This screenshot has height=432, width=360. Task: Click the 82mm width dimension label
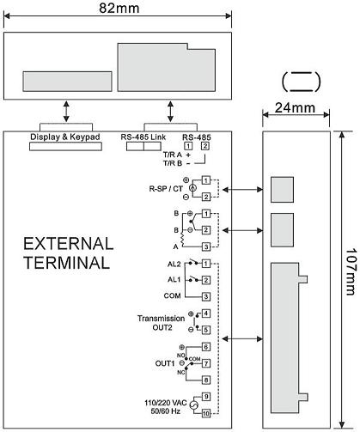pyautogui.click(x=119, y=8)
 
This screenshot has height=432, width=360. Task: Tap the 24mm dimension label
pyautogui.click(x=295, y=108)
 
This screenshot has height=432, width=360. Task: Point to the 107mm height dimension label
pyautogui.click(x=351, y=271)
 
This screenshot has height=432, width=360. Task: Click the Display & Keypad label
pyautogui.click(x=65, y=137)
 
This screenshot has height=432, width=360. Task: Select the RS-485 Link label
pyautogui.click(x=143, y=137)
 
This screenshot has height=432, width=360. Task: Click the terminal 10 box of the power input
pyautogui.click(x=206, y=413)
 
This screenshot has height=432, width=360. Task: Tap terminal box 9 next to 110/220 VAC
pyautogui.click(x=206, y=397)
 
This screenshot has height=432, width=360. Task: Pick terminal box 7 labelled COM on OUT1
pyautogui.click(x=206, y=363)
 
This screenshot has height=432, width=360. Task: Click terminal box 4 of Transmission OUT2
pyautogui.click(x=206, y=313)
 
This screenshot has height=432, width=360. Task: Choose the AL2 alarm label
pyautogui.click(x=174, y=264)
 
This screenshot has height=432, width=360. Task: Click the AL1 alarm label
pyautogui.click(x=174, y=279)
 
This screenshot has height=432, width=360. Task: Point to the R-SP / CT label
pyautogui.click(x=166, y=189)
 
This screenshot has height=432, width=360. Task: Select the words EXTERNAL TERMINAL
pyautogui.click(x=68, y=253)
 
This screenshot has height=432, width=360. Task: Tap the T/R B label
pyautogui.click(x=173, y=163)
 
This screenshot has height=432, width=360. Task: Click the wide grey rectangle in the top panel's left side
pyautogui.click(x=67, y=82)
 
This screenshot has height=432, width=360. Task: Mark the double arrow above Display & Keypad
pyautogui.click(x=66, y=111)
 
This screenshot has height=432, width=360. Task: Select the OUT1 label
pyautogui.click(x=165, y=363)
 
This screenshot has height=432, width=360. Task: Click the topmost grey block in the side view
pyautogui.click(x=282, y=190)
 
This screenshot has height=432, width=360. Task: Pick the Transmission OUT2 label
pyautogui.click(x=162, y=323)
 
